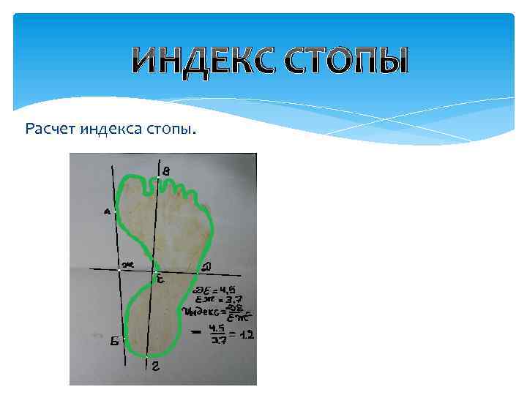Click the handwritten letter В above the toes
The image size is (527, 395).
167,170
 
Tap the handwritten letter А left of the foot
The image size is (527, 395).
107,212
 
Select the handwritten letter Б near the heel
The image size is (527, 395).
116,341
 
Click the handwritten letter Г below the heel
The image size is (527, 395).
155,368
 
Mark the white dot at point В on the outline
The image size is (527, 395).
159,177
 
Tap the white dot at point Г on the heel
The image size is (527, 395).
147,356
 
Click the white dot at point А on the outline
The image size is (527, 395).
115,211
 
